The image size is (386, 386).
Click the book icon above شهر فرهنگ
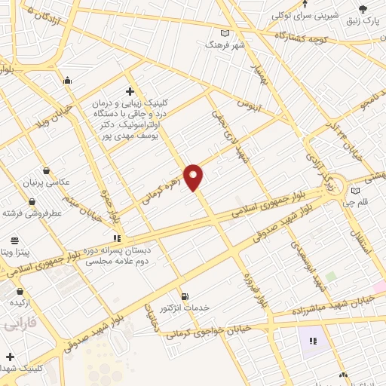(225, 33)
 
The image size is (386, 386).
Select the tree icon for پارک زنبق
(363, 9)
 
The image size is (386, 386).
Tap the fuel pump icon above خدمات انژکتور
(185, 296)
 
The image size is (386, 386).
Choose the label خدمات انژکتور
(185, 308)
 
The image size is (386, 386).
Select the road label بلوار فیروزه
(253, 290)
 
